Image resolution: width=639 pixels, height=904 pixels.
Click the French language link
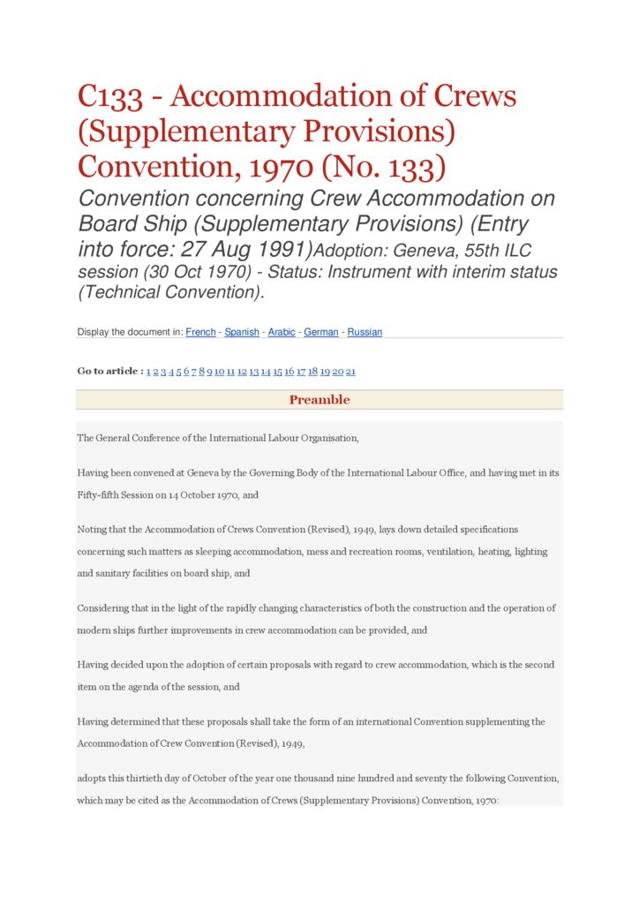[x=200, y=332]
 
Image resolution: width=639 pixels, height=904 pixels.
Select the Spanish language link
[x=242, y=332]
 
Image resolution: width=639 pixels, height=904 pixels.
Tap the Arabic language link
[x=282, y=332]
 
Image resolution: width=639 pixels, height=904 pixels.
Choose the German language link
[x=321, y=332]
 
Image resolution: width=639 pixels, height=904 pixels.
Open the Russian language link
[x=365, y=332]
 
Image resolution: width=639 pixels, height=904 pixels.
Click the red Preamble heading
[x=319, y=400]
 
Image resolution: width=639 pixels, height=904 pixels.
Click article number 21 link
[x=350, y=372]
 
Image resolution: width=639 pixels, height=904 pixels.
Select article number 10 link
[x=219, y=372]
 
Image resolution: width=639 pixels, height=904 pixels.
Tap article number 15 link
[x=277, y=372]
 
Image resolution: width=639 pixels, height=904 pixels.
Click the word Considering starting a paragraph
[x=106, y=608]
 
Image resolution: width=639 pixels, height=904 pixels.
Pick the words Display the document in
[x=131, y=332]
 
